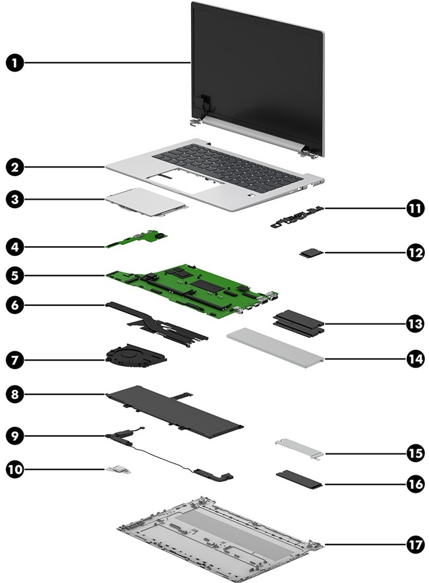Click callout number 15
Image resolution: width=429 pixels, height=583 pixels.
pyautogui.click(x=415, y=451)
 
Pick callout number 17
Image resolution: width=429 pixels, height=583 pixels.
pyautogui.click(x=415, y=543)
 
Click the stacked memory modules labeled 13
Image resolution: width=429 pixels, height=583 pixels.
pyautogui.click(x=299, y=323)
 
